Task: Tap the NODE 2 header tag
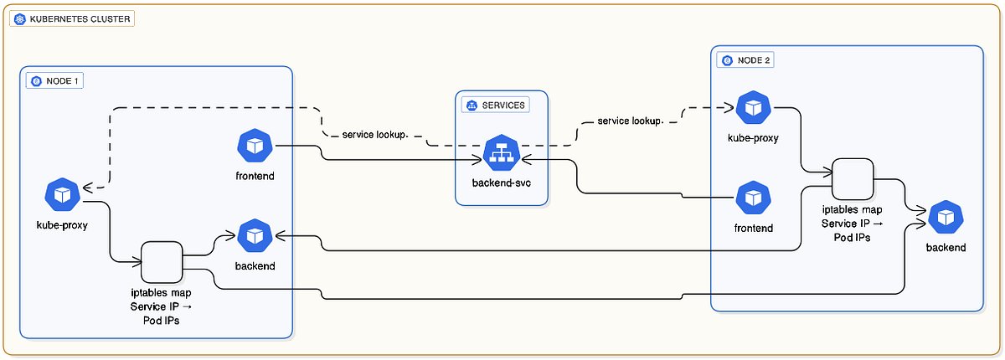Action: tap(745, 60)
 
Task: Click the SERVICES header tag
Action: tap(497, 105)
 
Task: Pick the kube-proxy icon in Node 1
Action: tap(62, 195)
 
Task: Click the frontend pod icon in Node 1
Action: tap(255, 147)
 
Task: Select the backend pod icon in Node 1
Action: tap(255, 237)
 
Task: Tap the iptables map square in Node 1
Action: tap(162, 262)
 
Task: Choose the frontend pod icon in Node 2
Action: tap(753, 198)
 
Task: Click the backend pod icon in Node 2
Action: tap(946, 218)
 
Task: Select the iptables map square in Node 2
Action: tap(853, 179)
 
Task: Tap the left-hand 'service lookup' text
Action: tap(374, 134)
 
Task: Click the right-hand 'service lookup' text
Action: tap(630, 121)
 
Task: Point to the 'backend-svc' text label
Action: tap(502, 183)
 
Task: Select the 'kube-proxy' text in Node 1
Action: tap(62, 225)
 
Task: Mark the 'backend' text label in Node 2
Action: tap(946, 248)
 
